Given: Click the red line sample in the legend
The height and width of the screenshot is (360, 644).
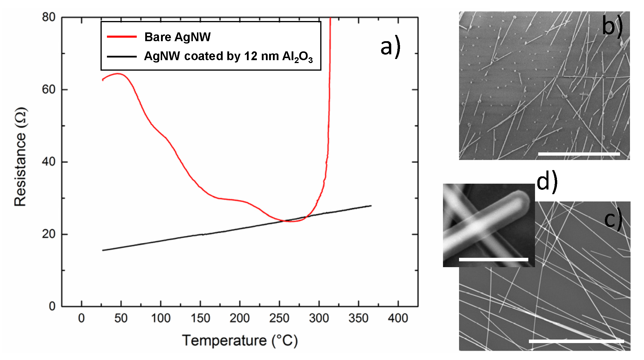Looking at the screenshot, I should point(122,37).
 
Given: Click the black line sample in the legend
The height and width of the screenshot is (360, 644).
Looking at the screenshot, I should point(122,56).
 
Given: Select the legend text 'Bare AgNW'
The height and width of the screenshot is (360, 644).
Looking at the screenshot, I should point(177,37).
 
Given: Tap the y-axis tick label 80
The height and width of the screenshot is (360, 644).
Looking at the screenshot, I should point(49,17).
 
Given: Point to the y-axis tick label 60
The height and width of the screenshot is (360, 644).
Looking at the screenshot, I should point(49,89).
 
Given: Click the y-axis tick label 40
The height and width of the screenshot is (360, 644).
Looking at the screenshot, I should point(49,161).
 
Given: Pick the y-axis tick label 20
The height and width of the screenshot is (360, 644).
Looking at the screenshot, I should point(49,234).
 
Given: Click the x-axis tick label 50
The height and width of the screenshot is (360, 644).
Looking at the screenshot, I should point(121,318).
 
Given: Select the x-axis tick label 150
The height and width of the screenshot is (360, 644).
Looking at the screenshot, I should point(200,318).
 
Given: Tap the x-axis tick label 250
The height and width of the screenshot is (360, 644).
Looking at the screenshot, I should point(279,318).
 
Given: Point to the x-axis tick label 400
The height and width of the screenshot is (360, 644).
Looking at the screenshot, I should point(398,318).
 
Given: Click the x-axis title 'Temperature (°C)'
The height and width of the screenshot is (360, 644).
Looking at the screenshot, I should point(240,340).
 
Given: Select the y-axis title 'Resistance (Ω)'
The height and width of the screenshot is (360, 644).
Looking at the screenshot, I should point(20,157).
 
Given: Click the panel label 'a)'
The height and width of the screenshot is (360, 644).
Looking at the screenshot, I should point(390,47).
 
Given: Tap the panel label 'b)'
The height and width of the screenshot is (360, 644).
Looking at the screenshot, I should point(612,26).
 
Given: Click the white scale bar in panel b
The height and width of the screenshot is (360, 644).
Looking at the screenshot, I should point(579,154).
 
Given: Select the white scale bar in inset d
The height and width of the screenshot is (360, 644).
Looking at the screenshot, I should point(494,259).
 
